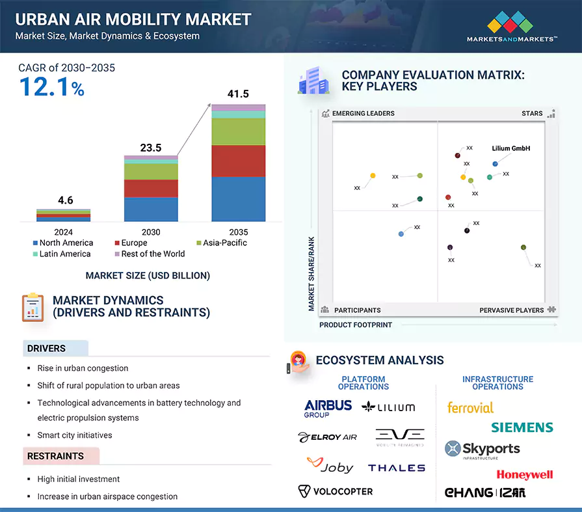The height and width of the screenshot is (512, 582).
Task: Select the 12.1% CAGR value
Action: tap(52, 87)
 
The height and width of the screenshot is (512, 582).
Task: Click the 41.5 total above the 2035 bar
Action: tap(238, 94)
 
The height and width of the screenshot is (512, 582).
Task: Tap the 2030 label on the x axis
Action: tap(151, 232)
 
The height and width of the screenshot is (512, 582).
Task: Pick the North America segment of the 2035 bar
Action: tap(238, 198)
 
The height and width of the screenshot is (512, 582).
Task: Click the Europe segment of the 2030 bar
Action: tap(151, 188)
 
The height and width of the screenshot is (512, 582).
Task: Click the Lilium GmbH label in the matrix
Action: tap(511, 148)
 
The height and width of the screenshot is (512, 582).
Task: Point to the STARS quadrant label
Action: tap(532, 113)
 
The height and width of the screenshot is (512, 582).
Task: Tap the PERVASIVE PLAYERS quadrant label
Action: tap(512, 310)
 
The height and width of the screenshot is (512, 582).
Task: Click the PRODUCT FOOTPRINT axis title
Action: tap(356, 325)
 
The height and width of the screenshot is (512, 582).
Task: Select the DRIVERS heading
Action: tap(46, 349)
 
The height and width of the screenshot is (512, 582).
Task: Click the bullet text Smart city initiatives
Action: tap(75, 435)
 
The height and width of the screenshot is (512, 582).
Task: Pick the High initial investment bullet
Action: tap(79, 479)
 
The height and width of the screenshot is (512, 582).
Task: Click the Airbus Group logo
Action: tap(328, 408)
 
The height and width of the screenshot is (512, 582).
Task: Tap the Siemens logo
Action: tap(522, 427)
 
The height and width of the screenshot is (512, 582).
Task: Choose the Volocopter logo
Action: tap(335, 491)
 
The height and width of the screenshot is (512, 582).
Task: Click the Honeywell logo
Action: tap(525, 474)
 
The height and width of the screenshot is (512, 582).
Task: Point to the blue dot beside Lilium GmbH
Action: tap(495, 164)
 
